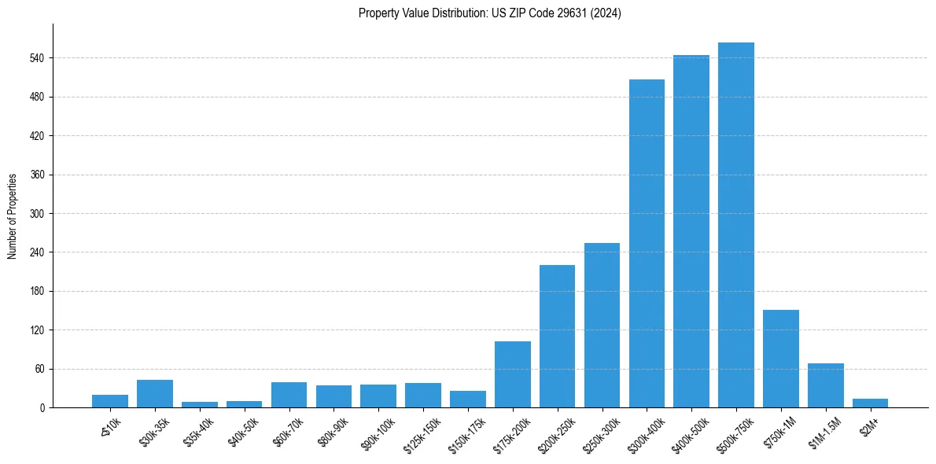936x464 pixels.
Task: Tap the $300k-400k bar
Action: [647, 244]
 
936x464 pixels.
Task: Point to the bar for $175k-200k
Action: [512, 374]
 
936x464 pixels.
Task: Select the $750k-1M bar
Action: [781, 359]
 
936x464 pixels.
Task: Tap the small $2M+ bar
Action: [870, 403]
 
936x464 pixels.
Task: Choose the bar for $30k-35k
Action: [155, 393]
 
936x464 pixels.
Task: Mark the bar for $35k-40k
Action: [200, 404]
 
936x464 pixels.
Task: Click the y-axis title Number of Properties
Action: [12, 215]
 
